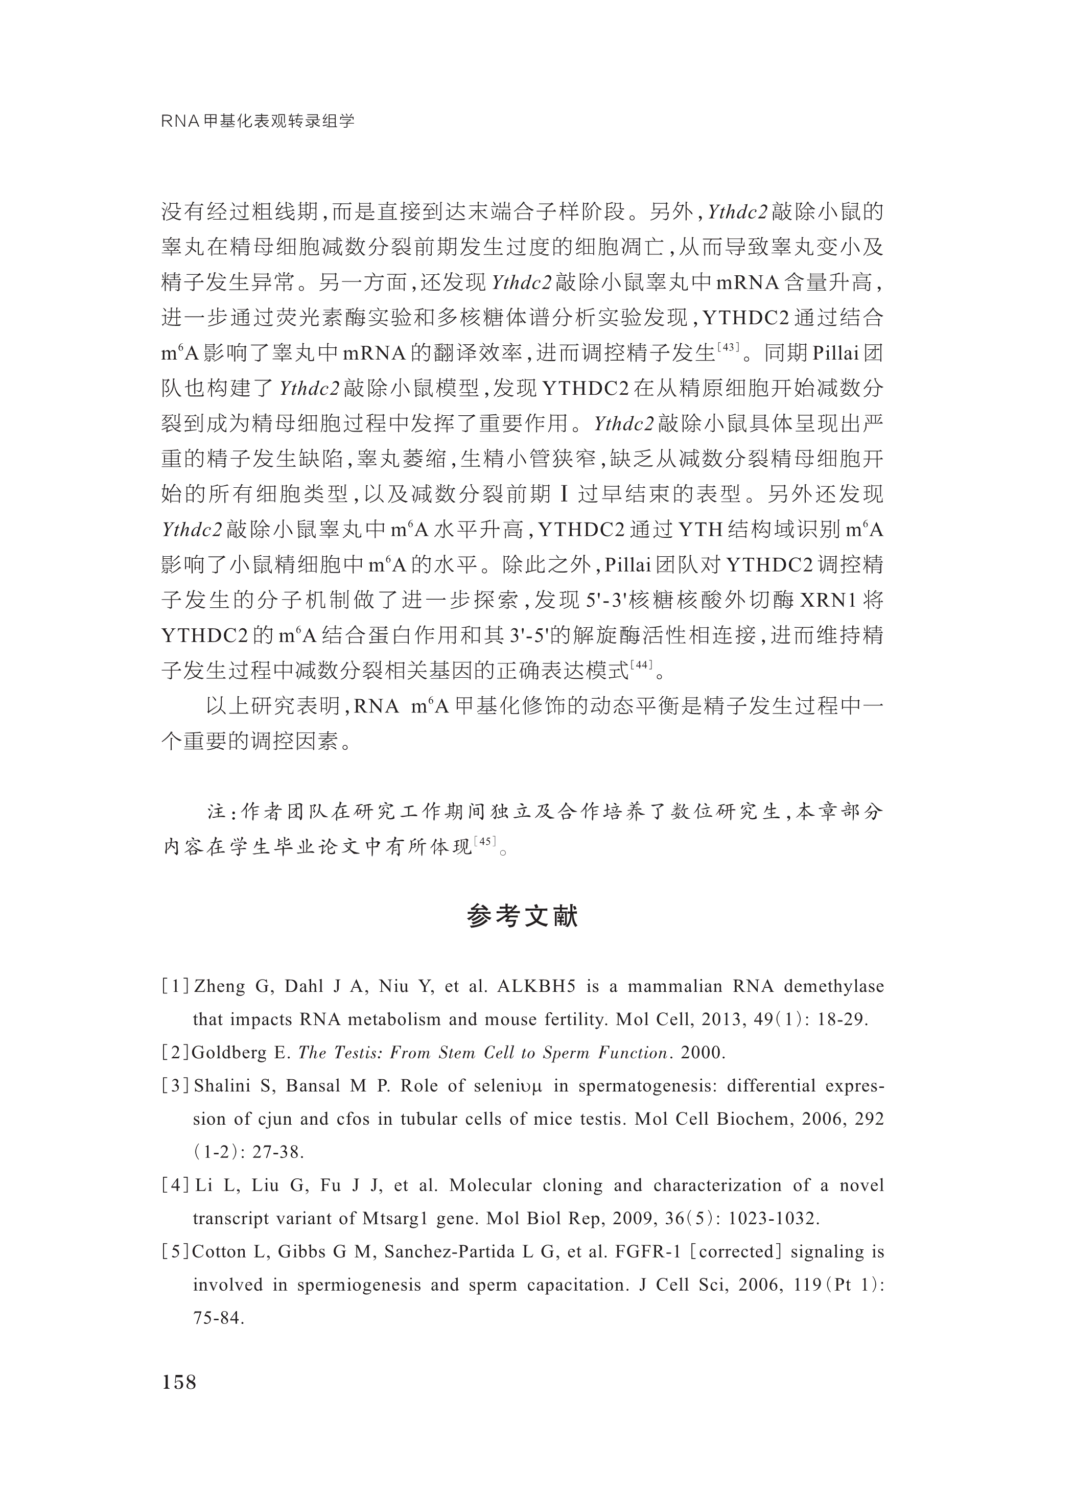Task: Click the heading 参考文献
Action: [522, 916]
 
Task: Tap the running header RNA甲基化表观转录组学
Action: [258, 121]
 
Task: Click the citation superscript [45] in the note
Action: [485, 841]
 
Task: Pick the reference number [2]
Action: [175, 1053]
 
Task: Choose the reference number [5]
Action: [175, 1251]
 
